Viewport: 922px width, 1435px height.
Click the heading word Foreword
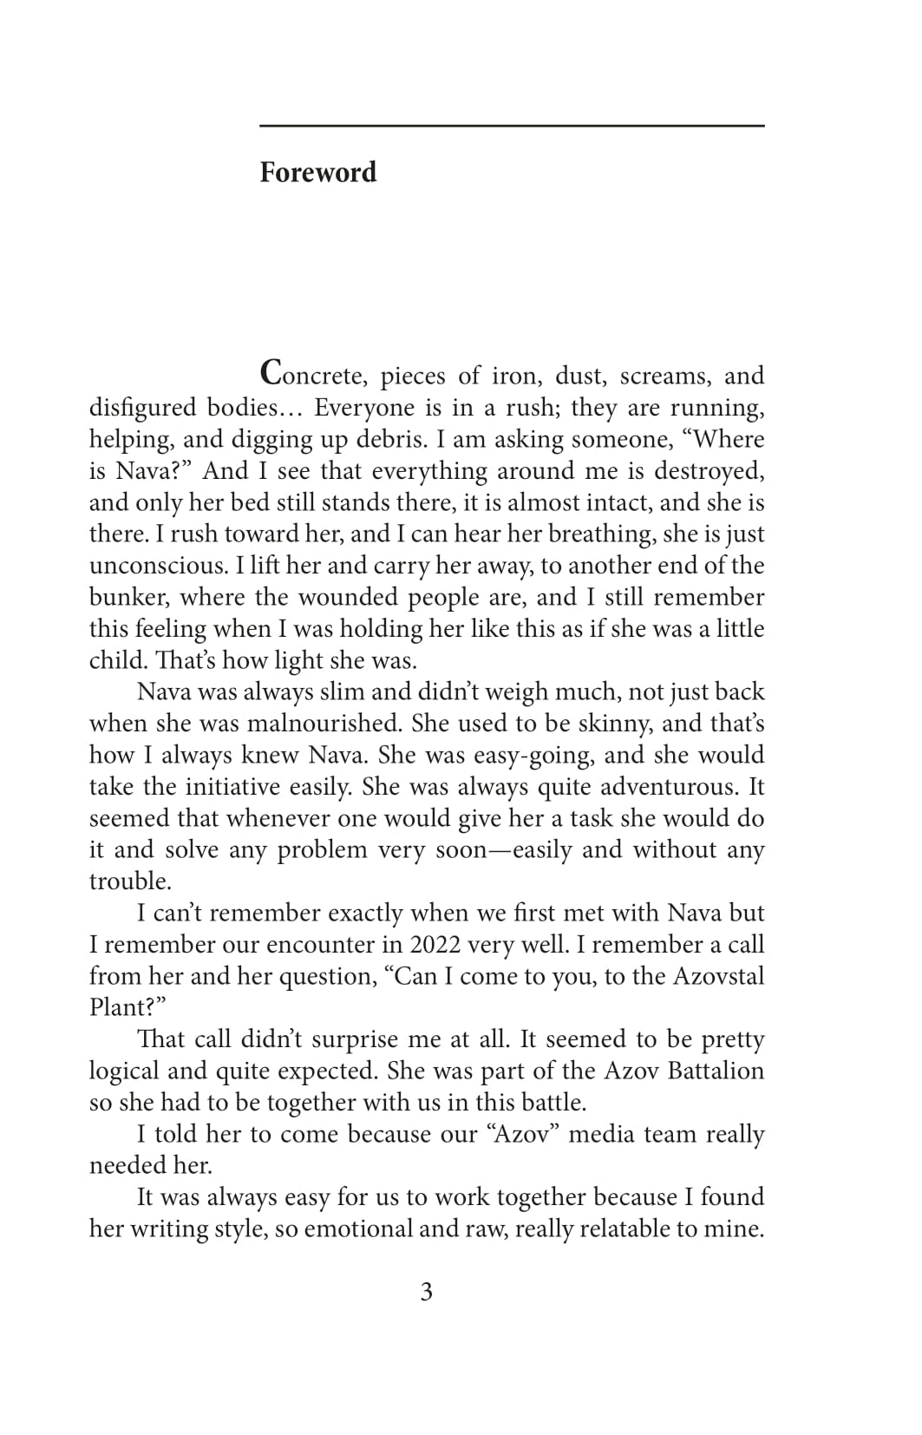[x=318, y=173]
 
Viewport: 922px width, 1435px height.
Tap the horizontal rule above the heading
[x=512, y=127]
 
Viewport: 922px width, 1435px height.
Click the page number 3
[x=426, y=1293]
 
